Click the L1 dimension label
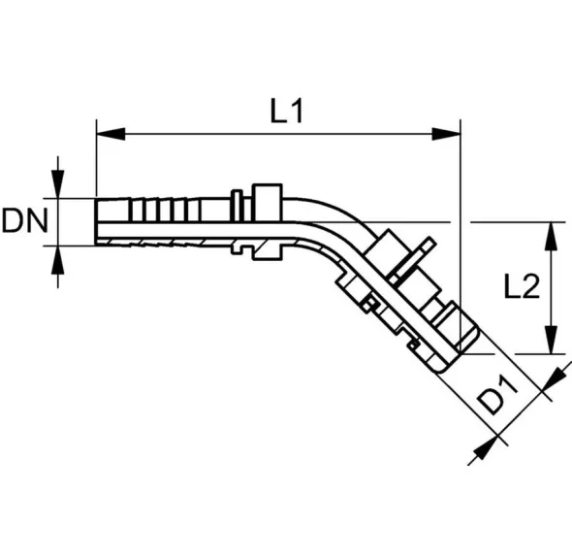pyautogui.click(x=287, y=111)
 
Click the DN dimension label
pyautogui.click(x=25, y=221)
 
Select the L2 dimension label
pyautogui.click(x=522, y=286)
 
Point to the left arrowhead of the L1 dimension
pyautogui.click(x=111, y=134)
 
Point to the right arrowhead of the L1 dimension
pyautogui.click(x=446, y=134)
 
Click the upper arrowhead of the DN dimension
pyautogui.click(x=57, y=184)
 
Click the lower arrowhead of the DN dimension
pyautogui.click(x=57, y=260)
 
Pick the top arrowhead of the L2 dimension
pyautogui.click(x=552, y=236)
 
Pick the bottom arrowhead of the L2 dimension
pyautogui.click(x=552, y=340)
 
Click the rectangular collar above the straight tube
pyautogui.click(x=267, y=203)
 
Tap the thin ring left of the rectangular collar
pyautogui.click(x=237, y=206)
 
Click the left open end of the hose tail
pyautogui.click(x=96, y=221)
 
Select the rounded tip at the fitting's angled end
pyautogui.click(x=443, y=366)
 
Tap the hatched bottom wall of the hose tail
pyautogui.click(x=164, y=242)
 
